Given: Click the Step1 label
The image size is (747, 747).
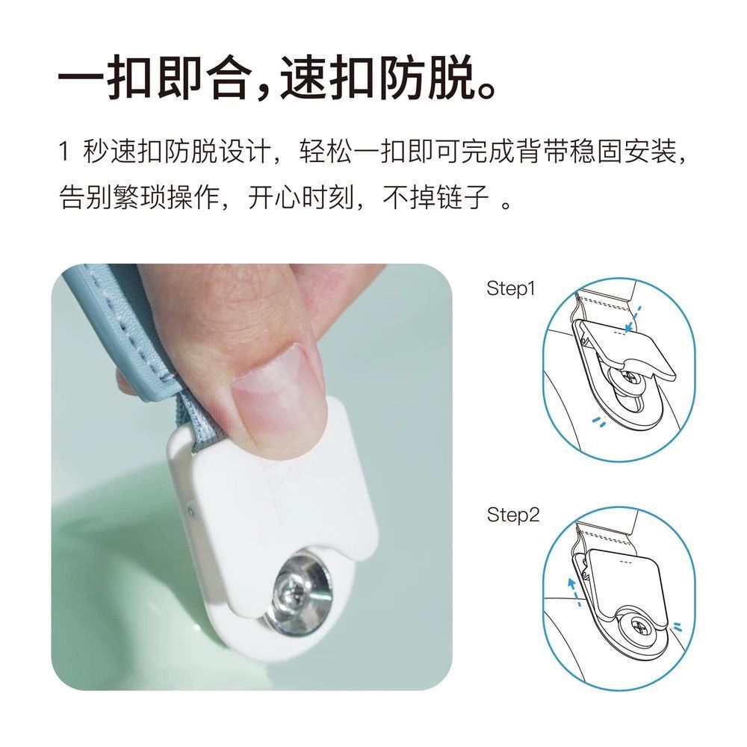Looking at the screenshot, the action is [x=511, y=289].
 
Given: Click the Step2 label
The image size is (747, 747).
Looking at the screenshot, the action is [x=512, y=515].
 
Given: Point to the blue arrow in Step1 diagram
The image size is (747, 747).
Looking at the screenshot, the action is [x=633, y=319].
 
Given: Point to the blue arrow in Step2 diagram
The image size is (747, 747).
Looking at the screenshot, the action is [x=574, y=591].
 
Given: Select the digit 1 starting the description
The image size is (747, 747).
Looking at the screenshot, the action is [x=63, y=151].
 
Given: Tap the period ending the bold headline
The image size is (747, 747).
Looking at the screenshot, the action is [x=486, y=90].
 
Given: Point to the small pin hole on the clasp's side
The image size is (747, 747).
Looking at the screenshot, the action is [x=190, y=512].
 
